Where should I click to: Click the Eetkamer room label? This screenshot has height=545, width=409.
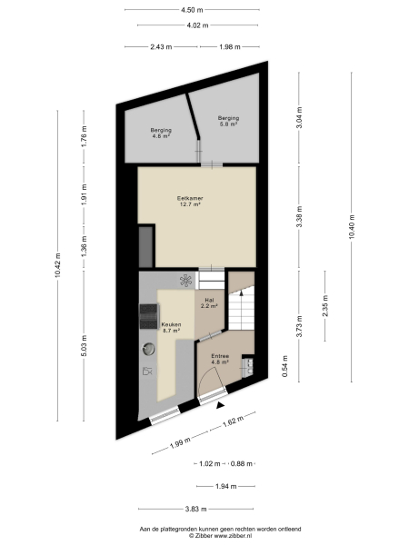(190, 201)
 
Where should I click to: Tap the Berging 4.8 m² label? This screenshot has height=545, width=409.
(162, 133)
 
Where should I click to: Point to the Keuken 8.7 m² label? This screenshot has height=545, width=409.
(172, 327)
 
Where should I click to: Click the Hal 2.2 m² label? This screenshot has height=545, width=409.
(208, 302)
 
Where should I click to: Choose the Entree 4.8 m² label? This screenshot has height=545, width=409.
(220, 359)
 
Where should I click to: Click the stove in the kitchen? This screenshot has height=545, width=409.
(146, 316)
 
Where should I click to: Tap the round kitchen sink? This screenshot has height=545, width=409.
(147, 347)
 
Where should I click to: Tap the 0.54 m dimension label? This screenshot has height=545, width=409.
(284, 369)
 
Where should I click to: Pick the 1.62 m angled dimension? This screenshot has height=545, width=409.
(233, 421)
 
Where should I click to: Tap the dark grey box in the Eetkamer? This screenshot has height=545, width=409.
(145, 244)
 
